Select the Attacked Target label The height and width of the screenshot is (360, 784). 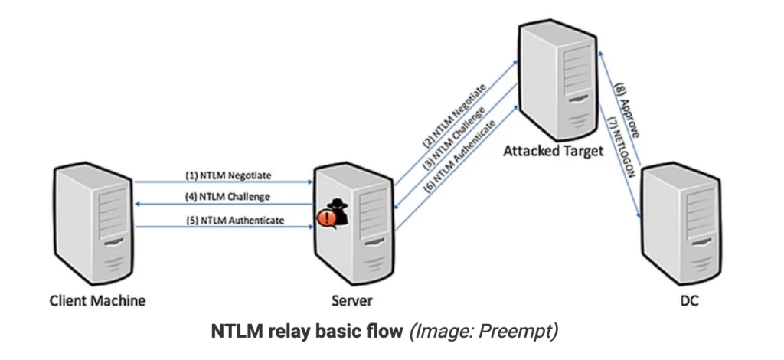pos(553,151)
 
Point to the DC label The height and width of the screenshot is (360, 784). pos(689,301)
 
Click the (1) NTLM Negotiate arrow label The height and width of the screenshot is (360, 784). pos(228,175)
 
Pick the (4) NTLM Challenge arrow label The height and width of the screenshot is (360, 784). pos(227,197)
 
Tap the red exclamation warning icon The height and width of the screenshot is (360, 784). pos(325,220)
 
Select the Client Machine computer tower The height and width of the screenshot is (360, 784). pos(93,222)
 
